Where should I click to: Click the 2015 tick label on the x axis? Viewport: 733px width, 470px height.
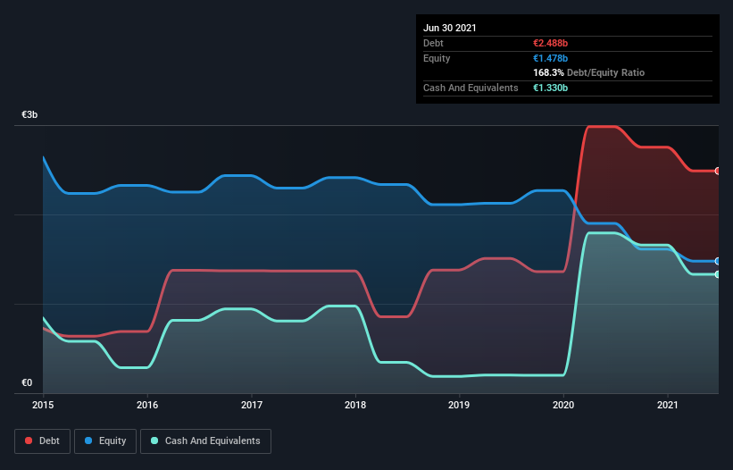[43, 405]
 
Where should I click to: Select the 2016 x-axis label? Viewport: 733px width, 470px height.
[147, 405]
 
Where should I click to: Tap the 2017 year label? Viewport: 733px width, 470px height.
[252, 405]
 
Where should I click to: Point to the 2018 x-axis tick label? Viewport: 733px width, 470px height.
[355, 405]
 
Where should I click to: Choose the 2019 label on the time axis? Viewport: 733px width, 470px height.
[460, 405]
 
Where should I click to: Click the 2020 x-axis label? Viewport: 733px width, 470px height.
[564, 405]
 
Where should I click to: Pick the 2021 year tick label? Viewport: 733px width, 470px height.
[668, 405]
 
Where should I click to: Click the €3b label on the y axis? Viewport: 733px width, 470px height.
[30, 116]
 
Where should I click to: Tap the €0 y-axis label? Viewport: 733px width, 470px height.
[27, 383]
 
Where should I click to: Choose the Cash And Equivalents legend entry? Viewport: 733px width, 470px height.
[205, 441]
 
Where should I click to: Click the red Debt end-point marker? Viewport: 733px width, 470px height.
[718, 171]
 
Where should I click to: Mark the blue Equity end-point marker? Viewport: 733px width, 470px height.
[718, 261]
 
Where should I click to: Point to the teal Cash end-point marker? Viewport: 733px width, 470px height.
[718, 274]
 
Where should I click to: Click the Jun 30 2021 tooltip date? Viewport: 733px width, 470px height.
[450, 28]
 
